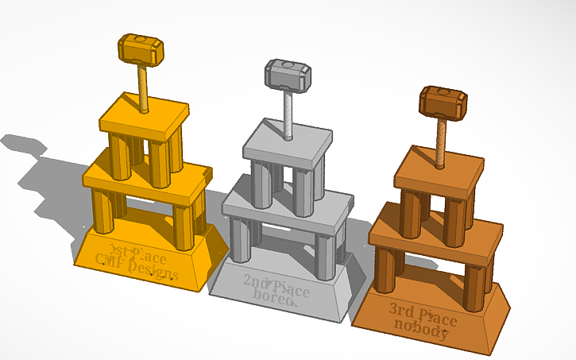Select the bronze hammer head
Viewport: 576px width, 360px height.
click(443, 103)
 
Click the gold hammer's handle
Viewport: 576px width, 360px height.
click(144, 87)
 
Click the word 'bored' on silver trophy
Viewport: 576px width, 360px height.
click(275, 296)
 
